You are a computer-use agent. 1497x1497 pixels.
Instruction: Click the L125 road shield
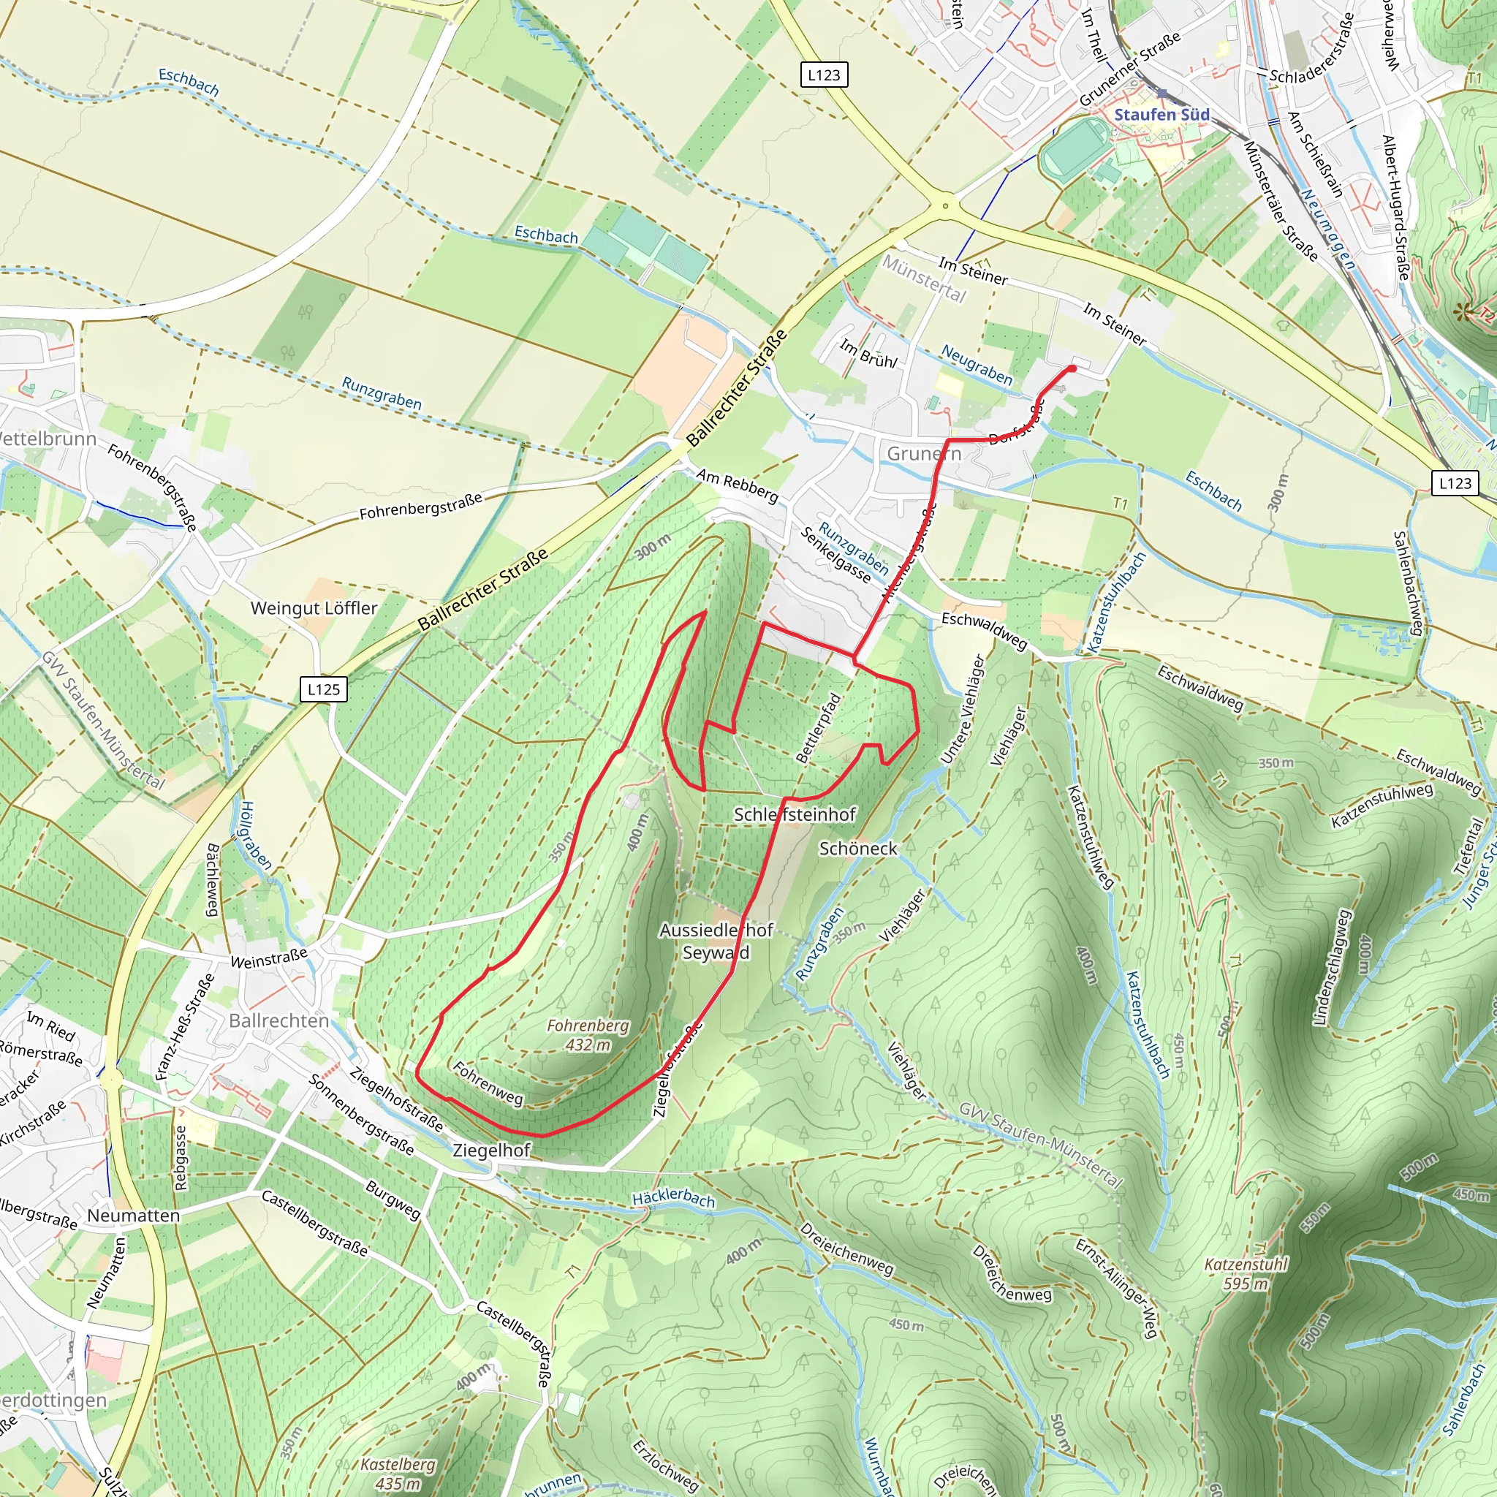pos(323,689)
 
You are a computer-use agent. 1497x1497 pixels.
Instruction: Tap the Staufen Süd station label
pos(1161,115)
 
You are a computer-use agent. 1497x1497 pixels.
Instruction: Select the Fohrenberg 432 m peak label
pos(588,1034)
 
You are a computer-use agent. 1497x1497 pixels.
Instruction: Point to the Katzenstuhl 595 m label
pos(1246,1274)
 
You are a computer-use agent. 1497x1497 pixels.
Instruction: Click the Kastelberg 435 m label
pos(398,1474)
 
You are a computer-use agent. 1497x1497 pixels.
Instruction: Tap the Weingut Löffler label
pos(314,608)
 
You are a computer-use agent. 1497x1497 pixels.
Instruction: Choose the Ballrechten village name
pos(279,1020)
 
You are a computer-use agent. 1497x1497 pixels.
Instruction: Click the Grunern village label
pos(924,453)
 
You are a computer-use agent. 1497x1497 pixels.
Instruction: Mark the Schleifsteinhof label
pos(795,814)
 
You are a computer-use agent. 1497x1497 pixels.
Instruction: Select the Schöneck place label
pos(857,849)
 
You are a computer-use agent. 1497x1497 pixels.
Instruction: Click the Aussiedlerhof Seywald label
pos(716,941)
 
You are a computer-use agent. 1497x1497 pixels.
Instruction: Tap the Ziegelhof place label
pos(491,1150)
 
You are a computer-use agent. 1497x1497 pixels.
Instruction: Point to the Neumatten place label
pos(133,1216)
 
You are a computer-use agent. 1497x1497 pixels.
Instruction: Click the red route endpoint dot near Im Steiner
pos(1072,368)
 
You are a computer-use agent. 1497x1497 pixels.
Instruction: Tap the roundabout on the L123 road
pos(944,205)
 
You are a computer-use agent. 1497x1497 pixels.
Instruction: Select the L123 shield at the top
pos(823,75)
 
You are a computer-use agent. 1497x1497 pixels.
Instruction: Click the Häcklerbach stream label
pos(673,1197)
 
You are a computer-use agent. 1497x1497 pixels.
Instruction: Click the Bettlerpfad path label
pos(818,729)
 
